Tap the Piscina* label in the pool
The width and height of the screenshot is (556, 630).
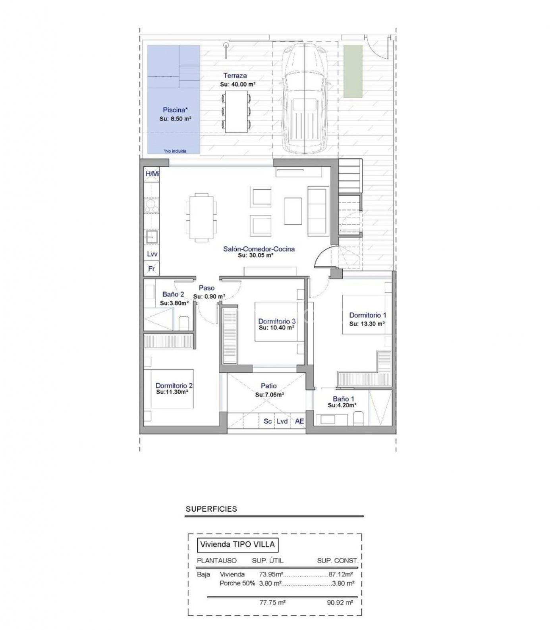click(175, 110)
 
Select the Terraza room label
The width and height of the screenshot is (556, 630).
click(235, 75)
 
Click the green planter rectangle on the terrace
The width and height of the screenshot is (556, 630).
click(353, 71)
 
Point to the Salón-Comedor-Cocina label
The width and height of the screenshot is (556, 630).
click(259, 249)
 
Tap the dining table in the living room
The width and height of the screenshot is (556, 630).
click(202, 218)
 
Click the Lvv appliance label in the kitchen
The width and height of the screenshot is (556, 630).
click(152, 254)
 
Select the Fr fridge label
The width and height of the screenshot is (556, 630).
click(151, 269)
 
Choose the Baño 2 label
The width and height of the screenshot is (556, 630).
click(173, 294)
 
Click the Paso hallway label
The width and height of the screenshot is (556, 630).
click(207, 288)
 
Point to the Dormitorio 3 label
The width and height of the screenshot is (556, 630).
click(277, 321)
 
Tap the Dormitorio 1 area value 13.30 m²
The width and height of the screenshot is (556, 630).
click(367, 324)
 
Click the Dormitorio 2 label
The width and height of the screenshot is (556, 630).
click(174, 385)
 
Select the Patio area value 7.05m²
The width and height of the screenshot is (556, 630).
click(269, 395)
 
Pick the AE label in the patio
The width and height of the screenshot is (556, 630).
click(299, 421)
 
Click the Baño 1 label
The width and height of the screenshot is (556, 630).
click(344, 399)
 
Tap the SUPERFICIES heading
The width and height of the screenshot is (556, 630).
click(211, 509)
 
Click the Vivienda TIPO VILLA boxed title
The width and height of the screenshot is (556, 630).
click(237, 544)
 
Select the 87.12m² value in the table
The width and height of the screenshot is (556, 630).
click(341, 574)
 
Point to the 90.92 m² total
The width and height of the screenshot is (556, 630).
click(340, 602)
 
